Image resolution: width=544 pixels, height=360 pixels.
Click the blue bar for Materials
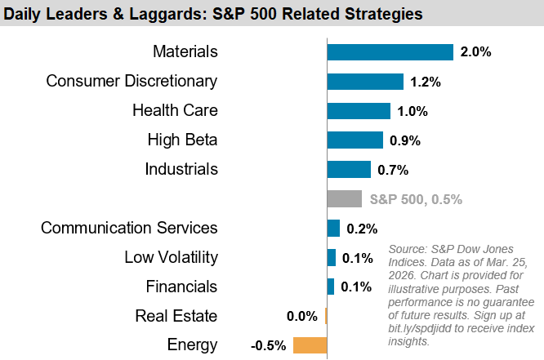tap(390, 52)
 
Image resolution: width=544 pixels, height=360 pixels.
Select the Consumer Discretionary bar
tap(365, 82)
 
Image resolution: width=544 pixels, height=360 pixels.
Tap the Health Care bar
tap(359, 111)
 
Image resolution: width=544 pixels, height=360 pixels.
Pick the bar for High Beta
tap(354, 140)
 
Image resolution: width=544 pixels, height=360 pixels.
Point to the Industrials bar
tap(349, 169)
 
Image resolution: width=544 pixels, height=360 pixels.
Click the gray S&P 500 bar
tap(344, 198)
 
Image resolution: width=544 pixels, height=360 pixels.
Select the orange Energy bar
tap(310, 344)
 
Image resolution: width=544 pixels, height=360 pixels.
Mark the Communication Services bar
tap(333, 228)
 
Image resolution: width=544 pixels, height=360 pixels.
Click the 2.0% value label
tap(475, 52)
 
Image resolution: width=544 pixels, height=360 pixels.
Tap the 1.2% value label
tap(426, 82)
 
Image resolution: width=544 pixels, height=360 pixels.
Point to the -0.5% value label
tap(269, 344)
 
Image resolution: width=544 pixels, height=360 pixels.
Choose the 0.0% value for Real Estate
tap(302, 316)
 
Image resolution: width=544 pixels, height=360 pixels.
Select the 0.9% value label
tap(405, 140)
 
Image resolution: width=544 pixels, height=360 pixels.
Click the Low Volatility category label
tap(171, 257)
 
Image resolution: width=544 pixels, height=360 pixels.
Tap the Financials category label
tap(181, 287)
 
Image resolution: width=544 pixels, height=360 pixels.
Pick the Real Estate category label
tap(176, 316)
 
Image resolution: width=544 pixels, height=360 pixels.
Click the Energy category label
tap(192, 344)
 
